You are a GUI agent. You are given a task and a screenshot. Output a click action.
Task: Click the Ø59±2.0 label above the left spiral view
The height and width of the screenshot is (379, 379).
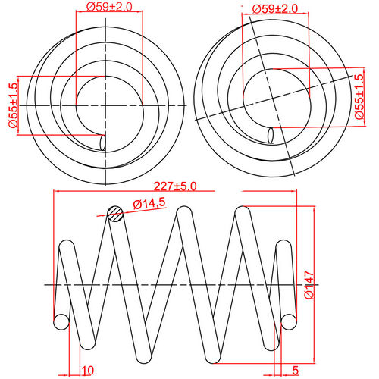click(109, 7)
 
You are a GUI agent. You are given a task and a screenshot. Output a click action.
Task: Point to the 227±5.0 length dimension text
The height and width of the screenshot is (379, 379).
click(174, 184)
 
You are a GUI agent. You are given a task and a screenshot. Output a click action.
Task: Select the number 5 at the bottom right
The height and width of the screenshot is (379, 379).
click(293, 371)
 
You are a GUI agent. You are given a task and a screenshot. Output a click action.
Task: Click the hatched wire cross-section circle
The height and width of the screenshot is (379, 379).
click(115, 214)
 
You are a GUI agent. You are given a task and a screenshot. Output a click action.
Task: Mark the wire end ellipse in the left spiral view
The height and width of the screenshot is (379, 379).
click(104, 142)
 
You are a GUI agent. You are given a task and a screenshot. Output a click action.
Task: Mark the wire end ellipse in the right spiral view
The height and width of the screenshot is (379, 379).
click(272, 136)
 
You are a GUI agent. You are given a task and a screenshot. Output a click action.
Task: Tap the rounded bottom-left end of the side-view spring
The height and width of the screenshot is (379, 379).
click(60, 321)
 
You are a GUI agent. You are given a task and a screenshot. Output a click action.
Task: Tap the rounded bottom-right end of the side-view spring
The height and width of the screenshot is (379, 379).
click(288, 321)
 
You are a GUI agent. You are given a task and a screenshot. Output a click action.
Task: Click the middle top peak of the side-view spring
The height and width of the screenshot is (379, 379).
click(183, 213)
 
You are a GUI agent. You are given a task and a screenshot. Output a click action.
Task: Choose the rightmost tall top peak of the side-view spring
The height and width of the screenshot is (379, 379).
click(244, 213)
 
